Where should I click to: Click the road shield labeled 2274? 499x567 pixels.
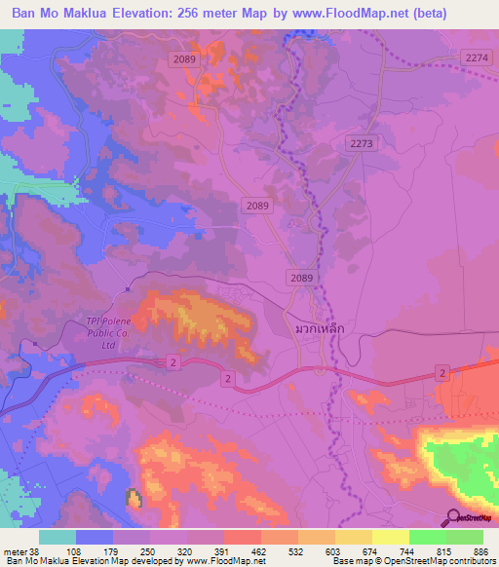click(477, 58)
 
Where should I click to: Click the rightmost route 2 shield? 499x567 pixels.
click(441, 373)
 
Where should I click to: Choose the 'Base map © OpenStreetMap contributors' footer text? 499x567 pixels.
click(412, 561)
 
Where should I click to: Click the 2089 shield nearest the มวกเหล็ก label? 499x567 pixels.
click(301, 279)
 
